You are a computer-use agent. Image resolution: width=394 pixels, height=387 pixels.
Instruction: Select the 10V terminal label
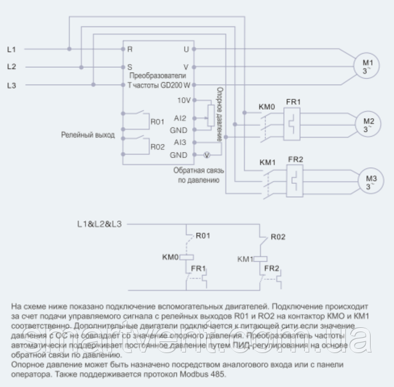tap(183, 100)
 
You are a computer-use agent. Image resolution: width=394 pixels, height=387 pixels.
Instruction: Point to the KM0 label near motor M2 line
tap(266, 107)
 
